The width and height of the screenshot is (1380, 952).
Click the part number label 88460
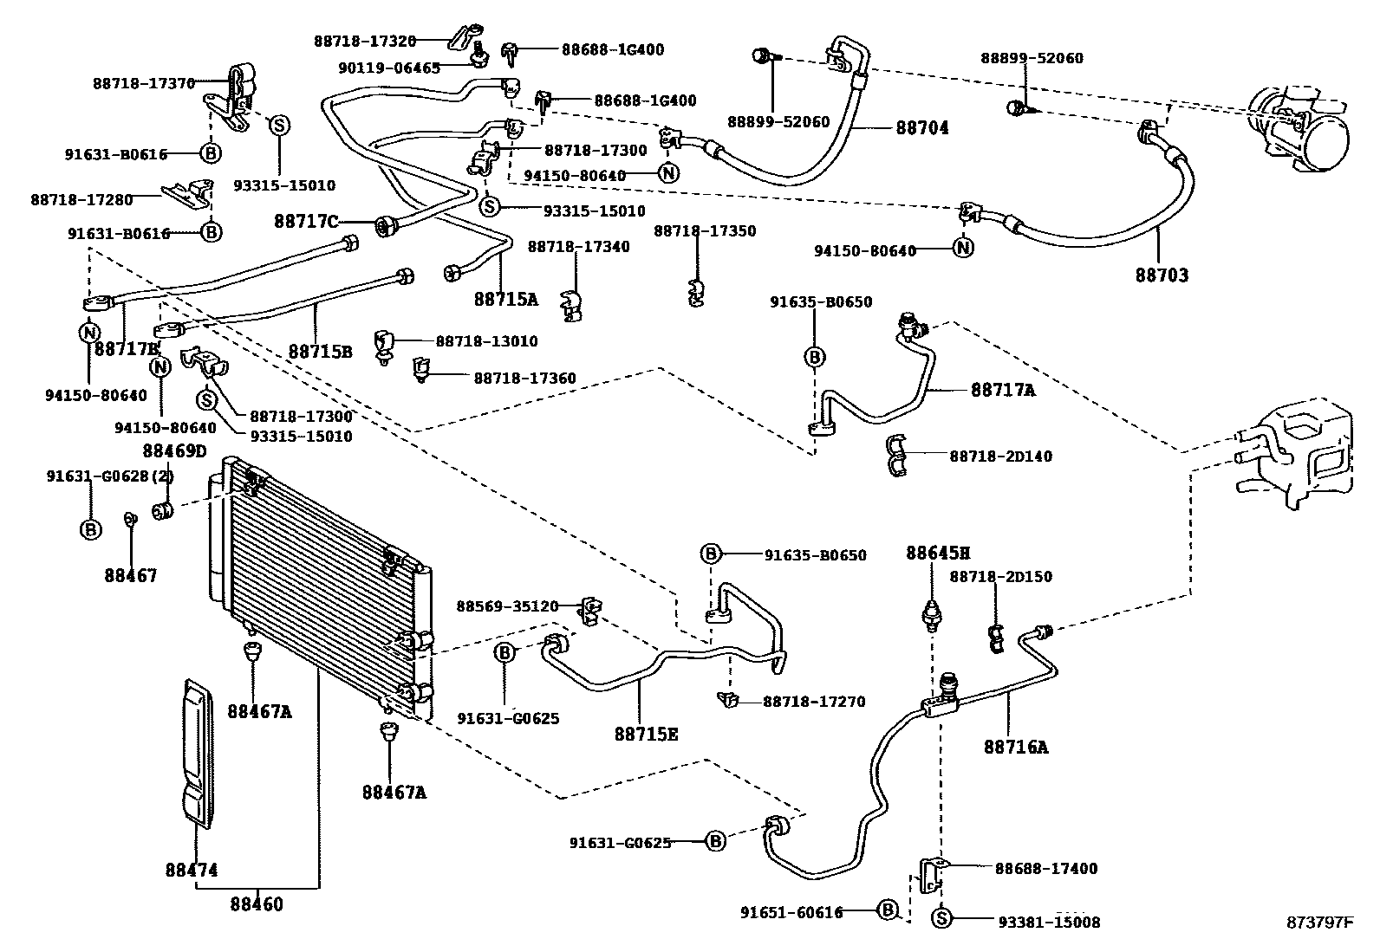tap(257, 905)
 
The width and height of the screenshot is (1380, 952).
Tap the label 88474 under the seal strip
tap(192, 870)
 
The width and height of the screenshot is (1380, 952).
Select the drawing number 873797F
tap(1318, 923)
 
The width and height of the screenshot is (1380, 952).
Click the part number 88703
tap(1162, 275)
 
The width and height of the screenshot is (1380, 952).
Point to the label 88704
tap(921, 128)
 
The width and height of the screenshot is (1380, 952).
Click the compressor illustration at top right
tap(1298, 126)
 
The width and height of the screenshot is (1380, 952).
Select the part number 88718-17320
tap(365, 41)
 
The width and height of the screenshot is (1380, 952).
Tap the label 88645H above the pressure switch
tap(938, 553)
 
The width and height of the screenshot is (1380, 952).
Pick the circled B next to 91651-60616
tap(887, 910)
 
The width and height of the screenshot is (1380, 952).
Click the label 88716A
tap(1015, 747)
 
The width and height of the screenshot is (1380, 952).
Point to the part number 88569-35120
tap(507, 606)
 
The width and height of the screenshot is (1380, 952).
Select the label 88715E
tap(646, 735)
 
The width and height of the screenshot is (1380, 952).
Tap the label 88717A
tap(1003, 391)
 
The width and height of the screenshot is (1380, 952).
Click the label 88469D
tap(175, 450)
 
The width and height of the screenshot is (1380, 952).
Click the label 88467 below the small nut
tap(131, 575)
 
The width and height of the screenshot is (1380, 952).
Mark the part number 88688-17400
tap(1045, 868)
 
